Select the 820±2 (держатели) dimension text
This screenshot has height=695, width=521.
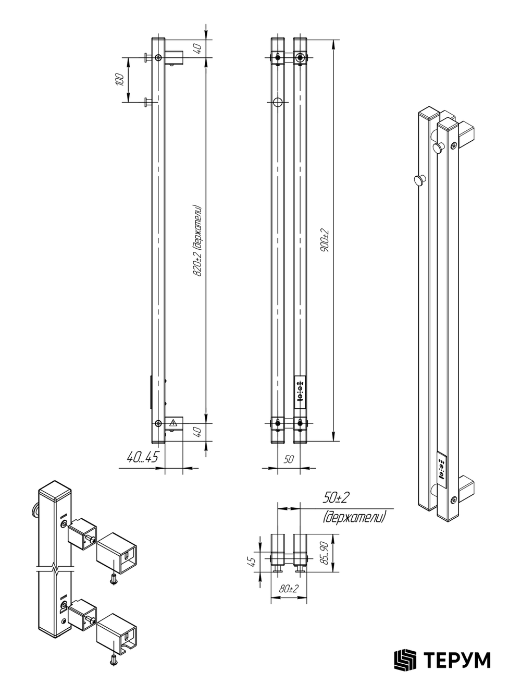pyautogui.click(x=197, y=241)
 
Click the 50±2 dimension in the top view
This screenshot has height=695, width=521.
pyautogui.click(x=336, y=498)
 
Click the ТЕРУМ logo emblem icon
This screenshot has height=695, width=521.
pyautogui.click(x=405, y=660)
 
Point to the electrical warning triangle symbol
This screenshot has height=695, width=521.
pyautogui.click(x=173, y=422)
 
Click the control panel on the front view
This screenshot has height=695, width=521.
pyautogui.click(x=300, y=392)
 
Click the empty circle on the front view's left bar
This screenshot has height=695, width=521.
pyautogui.click(x=278, y=102)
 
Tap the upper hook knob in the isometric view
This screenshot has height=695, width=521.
pyautogui.click(x=438, y=147)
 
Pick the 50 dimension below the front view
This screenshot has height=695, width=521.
pyautogui.click(x=289, y=459)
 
